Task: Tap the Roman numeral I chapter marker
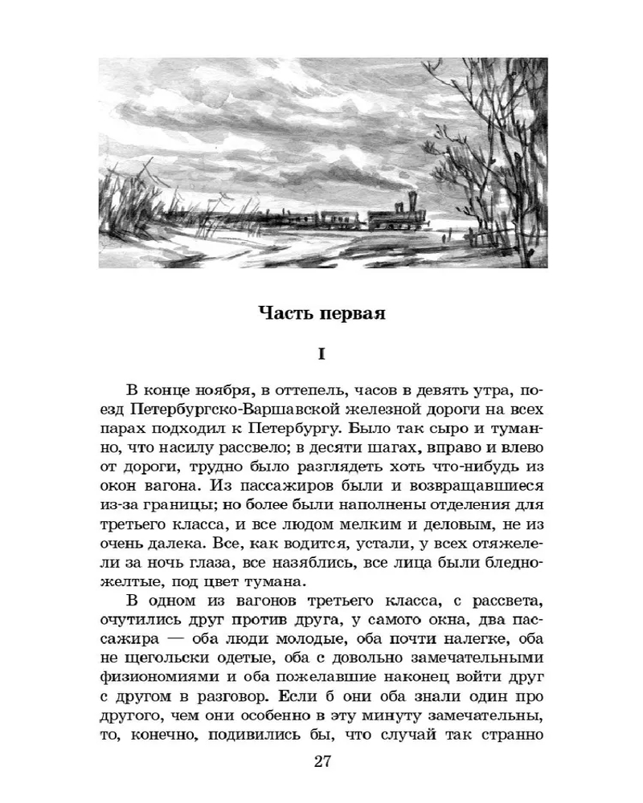pos(321,354)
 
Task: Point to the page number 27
pos(321,761)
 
